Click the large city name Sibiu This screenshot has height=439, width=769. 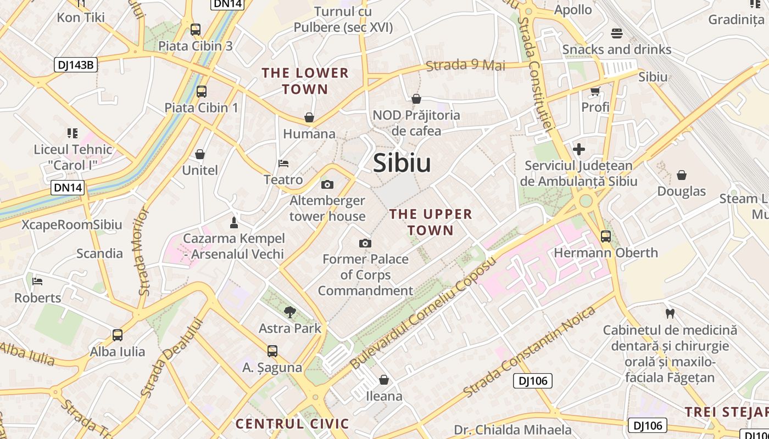point(402,163)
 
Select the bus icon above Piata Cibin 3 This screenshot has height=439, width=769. point(196,30)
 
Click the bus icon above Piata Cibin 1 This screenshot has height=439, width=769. point(202,91)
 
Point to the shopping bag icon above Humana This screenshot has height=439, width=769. point(309,117)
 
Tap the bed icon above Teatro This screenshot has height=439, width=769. point(283,164)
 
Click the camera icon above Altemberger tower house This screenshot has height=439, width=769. point(327,184)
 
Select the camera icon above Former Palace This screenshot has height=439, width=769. point(365,243)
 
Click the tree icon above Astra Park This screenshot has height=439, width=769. point(289,312)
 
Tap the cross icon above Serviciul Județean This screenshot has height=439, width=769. point(578,149)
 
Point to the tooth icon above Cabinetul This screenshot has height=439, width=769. point(670,314)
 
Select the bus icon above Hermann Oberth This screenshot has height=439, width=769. point(605,237)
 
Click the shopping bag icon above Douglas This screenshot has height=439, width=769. point(682,175)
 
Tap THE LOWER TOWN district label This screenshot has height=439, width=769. point(305,81)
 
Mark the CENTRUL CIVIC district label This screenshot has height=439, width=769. point(292,424)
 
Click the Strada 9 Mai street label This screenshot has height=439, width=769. point(465,65)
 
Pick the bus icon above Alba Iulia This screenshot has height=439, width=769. point(118,335)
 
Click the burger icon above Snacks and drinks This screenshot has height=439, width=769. point(616,33)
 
